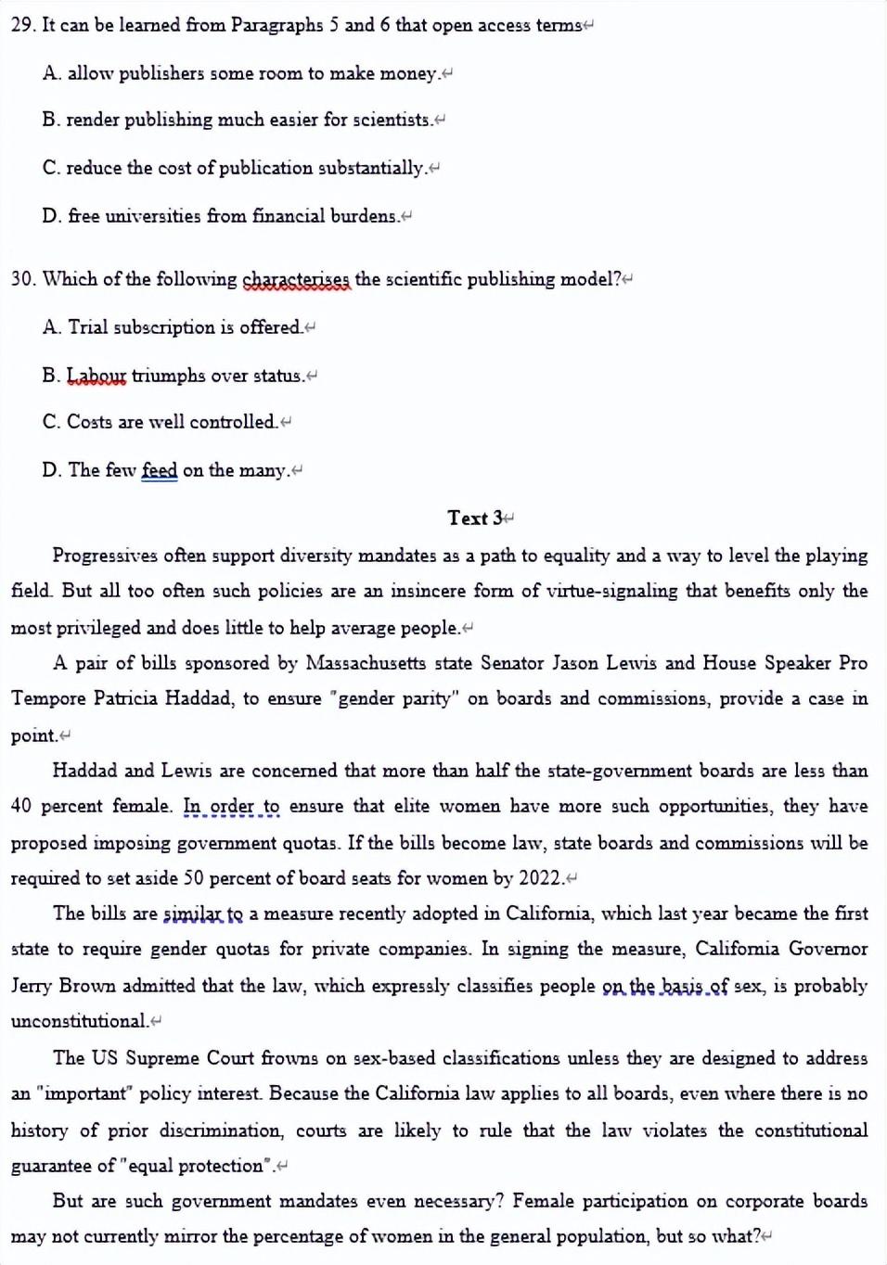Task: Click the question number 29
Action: (22, 25)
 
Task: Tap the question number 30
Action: (22, 279)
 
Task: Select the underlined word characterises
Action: (296, 279)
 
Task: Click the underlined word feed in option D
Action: (159, 470)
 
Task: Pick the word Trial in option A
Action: (88, 327)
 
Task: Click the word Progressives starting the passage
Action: (104, 556)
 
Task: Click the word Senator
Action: (512, 663)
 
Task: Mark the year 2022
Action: (541, 878)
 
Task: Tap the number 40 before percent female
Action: (20, 806)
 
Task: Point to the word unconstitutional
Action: (79, 1021)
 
